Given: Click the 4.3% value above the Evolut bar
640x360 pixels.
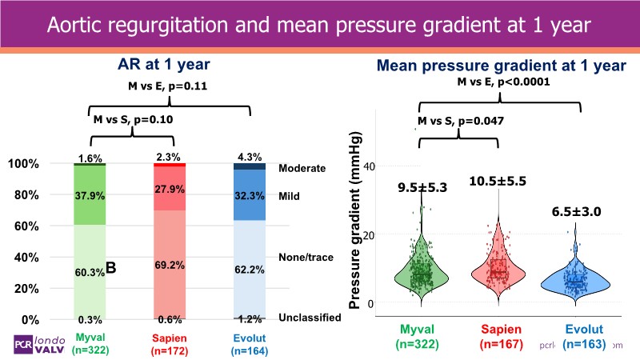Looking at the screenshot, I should (247, 158).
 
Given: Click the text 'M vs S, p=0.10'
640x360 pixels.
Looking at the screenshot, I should (134, 119).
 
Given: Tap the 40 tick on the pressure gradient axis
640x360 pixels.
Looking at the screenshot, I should (370, 166).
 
